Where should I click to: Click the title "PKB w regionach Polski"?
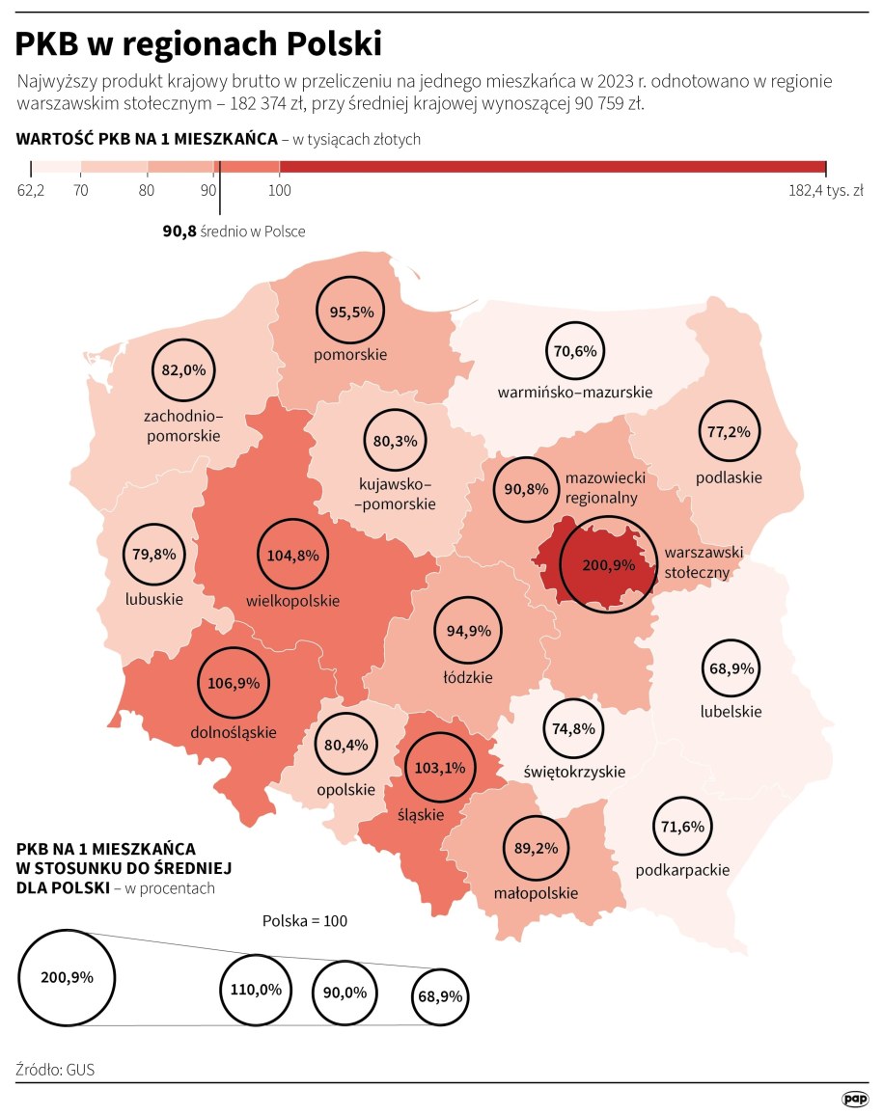click(199, 43)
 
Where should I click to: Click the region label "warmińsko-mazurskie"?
click(575, 393)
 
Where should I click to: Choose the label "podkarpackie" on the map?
click(682, 870)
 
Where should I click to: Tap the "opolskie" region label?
click(345, 789)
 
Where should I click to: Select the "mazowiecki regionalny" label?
click(605, 488)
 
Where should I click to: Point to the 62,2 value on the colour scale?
click(31, 190)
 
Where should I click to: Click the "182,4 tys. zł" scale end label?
click(825, 190)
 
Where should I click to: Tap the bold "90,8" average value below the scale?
click(179, 231)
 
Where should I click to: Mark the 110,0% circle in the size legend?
click(256, 990)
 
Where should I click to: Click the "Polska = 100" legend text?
click(305, 920)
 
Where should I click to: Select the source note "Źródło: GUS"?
click(55, 1070)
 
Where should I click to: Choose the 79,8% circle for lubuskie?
click(155, 555)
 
